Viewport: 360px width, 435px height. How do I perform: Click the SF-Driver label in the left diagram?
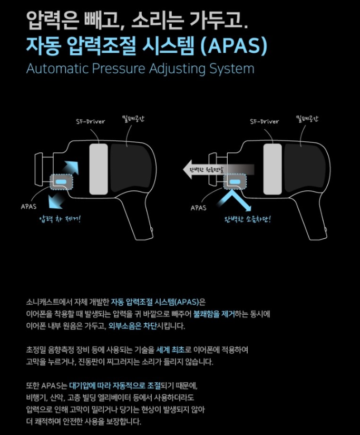click(91, 121)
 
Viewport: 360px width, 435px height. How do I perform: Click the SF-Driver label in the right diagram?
click(265, 121)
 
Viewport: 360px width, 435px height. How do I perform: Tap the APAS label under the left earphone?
click(28, 206)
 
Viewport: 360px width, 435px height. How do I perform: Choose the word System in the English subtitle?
click(231, 69)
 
